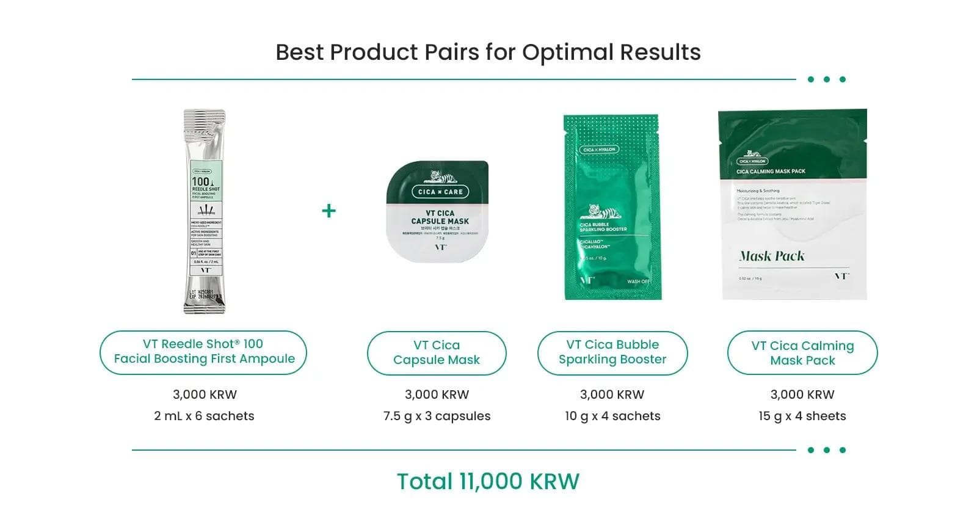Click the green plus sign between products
329,211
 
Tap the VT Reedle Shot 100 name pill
203,352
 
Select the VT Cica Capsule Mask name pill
437,353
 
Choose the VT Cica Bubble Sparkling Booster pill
612,352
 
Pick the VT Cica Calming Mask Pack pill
802,353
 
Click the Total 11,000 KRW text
488,482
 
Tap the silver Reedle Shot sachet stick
205,211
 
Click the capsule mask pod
438,211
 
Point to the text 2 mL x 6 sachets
204,416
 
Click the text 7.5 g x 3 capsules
437,416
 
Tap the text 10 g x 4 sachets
612,416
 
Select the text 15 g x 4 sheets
802,416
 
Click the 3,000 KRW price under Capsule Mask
437,395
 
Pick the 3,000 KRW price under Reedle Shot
205,395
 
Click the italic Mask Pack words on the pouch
772,256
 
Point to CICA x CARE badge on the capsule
440,192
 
